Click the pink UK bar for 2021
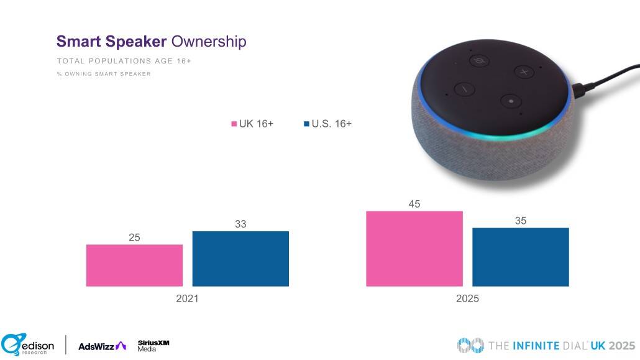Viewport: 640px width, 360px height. (134, 265)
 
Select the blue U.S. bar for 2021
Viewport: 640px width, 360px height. (240, 259)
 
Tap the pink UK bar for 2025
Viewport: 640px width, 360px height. (414, 249)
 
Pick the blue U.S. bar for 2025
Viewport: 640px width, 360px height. (521, 257)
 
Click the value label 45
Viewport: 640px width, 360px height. (414, 204)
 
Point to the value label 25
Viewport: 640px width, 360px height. (134, 237)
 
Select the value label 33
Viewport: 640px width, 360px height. (240, 224)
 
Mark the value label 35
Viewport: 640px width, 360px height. (521, 220)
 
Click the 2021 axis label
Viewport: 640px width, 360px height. (187, 298)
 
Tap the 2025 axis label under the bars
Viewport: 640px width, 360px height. (467, 298)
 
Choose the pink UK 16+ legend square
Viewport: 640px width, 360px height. (234, 124)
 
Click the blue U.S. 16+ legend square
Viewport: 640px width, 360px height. (306, 124)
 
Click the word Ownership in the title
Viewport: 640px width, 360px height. (208, 42)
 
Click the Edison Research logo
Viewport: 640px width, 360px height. (27, 344)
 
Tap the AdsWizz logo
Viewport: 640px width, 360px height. (102, 346)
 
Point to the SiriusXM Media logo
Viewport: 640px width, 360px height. (153, 346)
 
